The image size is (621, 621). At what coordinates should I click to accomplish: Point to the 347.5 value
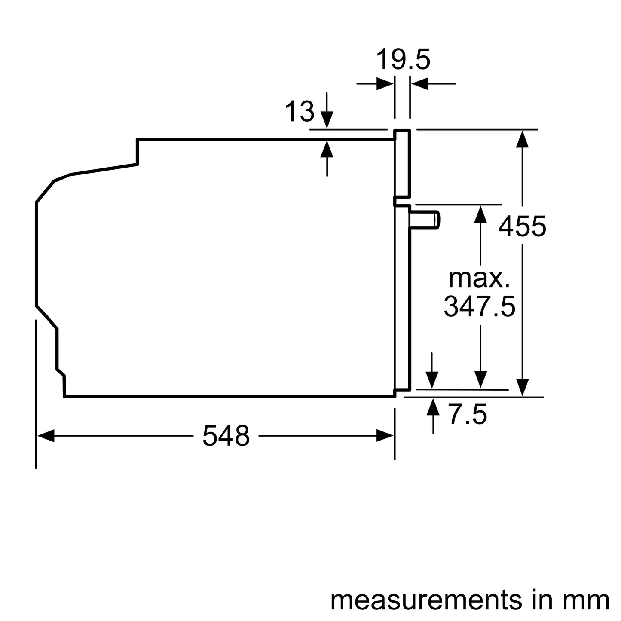click(479, 306)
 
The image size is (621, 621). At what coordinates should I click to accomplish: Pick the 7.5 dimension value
click(468, 415)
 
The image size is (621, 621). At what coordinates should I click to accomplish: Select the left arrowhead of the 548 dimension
click(46, 435)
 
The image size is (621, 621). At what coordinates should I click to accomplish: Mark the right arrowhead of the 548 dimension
click(385, 435)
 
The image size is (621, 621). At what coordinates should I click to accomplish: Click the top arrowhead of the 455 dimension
click(522, 138)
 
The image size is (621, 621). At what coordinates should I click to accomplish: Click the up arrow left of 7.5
click(433, 407)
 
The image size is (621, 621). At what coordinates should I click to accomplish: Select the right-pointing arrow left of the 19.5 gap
click(385, 83)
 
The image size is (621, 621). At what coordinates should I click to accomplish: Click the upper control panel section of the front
click(403, 163)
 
